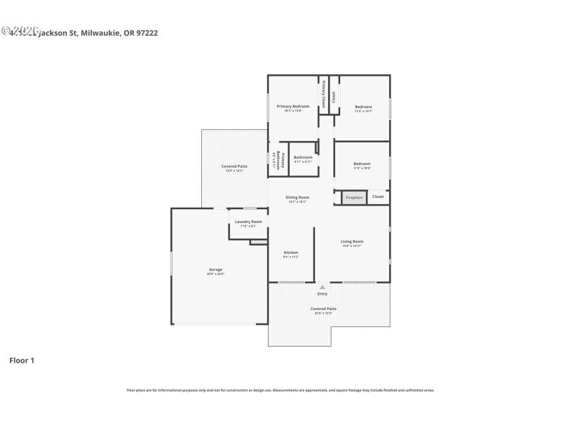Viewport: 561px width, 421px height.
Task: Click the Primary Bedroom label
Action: pos(293,107)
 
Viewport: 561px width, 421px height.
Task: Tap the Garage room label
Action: pos(215,269)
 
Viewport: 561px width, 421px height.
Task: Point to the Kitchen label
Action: pos(291,253)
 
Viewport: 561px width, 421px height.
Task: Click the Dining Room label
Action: pos(297,197)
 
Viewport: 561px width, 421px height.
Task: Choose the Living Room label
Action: pos(352,241)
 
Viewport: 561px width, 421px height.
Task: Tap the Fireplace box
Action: pos(355,198)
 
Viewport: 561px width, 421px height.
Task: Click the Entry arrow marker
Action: pos(323,287)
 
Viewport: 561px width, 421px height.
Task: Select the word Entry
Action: pos(323,293)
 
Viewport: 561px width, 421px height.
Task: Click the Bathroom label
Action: pos(303,157)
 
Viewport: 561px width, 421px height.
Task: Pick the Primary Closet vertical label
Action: pos(324,93)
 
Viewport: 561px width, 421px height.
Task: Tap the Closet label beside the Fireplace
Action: pos(378,196)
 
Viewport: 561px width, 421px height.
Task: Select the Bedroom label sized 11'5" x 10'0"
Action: pos(362,163)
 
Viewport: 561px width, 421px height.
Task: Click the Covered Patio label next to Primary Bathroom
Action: pos(234,166)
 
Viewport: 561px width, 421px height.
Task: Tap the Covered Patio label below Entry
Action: pos(323,309)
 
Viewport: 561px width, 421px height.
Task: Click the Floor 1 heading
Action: pos(22,361)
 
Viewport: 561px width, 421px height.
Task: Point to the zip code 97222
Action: pos(147,32)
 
